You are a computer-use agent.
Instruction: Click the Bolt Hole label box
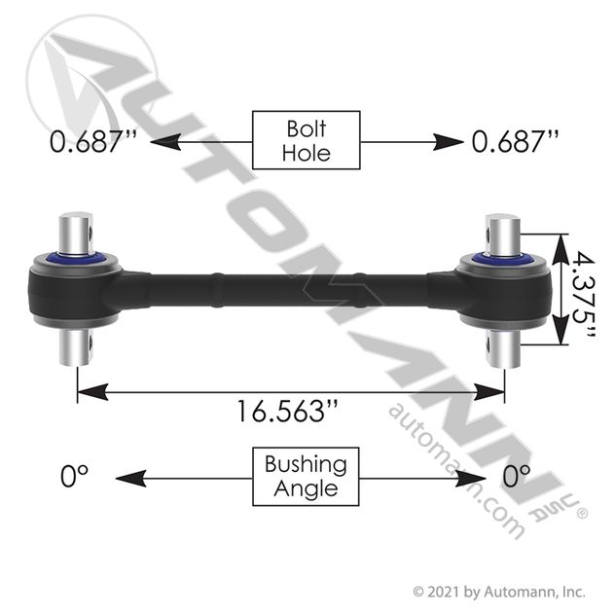coord(306,140)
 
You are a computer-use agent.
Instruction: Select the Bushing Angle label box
coord(306,477)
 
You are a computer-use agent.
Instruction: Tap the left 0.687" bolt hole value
coord(93,141)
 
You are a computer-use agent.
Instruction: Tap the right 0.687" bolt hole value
coord(515,141)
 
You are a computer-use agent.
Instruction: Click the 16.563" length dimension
coord(287,411)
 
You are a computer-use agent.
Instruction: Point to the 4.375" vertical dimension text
coord(583,294)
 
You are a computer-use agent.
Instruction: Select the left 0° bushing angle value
coord(74,476)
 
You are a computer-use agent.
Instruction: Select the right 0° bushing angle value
coord(517,476)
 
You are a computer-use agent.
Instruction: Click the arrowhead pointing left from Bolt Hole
coord(165,142)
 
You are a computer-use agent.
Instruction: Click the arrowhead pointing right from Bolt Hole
coord(448,142)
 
